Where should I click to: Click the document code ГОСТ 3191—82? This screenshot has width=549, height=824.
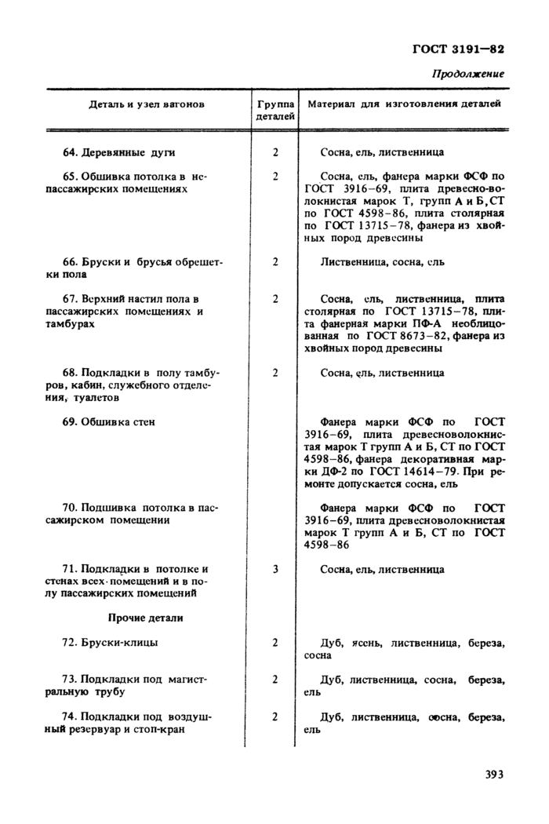pyautogui.click(x=458, y=48)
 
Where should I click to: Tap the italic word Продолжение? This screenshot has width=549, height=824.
pyautogui.click(x=467, y=74)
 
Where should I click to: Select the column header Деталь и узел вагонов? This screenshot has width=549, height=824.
pyautogui.click(x=146, y=104)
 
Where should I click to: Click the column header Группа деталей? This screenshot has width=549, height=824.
pyautogui.click(x=275, y=110)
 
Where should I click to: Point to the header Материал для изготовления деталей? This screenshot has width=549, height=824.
pyautogui.click(x=404, y=104)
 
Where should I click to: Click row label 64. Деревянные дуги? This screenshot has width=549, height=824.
pyautogui.click(x=118, y=152)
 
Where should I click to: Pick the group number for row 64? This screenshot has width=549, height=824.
pyautogui.click(x=275, y=152)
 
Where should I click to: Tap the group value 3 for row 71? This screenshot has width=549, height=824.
pyautogui.click(x=275, y=569)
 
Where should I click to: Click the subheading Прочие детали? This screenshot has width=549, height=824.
pyautogui.click(x=145, y=618)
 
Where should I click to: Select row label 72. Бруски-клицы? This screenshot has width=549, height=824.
pyautogui.click(x=110, y=643)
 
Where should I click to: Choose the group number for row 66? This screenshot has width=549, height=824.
pyautogui.click(x=275, y=261)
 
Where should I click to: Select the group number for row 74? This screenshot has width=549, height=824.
pyautogui.click(x=275, y=716)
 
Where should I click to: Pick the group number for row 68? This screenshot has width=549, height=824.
pyautogui.click(x=275, y=373)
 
